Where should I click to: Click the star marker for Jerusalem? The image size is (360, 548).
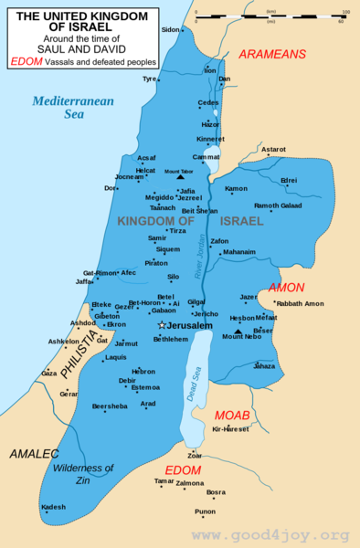coord(162,325)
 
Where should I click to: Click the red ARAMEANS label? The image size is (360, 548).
coord(272,55)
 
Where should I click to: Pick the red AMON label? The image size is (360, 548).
coord(286,287)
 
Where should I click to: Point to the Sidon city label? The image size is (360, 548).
coord(170,29)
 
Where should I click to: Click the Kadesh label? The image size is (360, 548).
coord(54,507)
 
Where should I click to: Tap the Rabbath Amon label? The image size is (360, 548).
coord(301,303)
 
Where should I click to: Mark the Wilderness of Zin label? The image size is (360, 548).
coord(83,474)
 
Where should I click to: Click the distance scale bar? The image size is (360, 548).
coord(270,16)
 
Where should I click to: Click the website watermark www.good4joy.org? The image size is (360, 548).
coord(270,535)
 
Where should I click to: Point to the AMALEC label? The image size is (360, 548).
coord(34,453)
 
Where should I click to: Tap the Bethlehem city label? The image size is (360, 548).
coord(171,339)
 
